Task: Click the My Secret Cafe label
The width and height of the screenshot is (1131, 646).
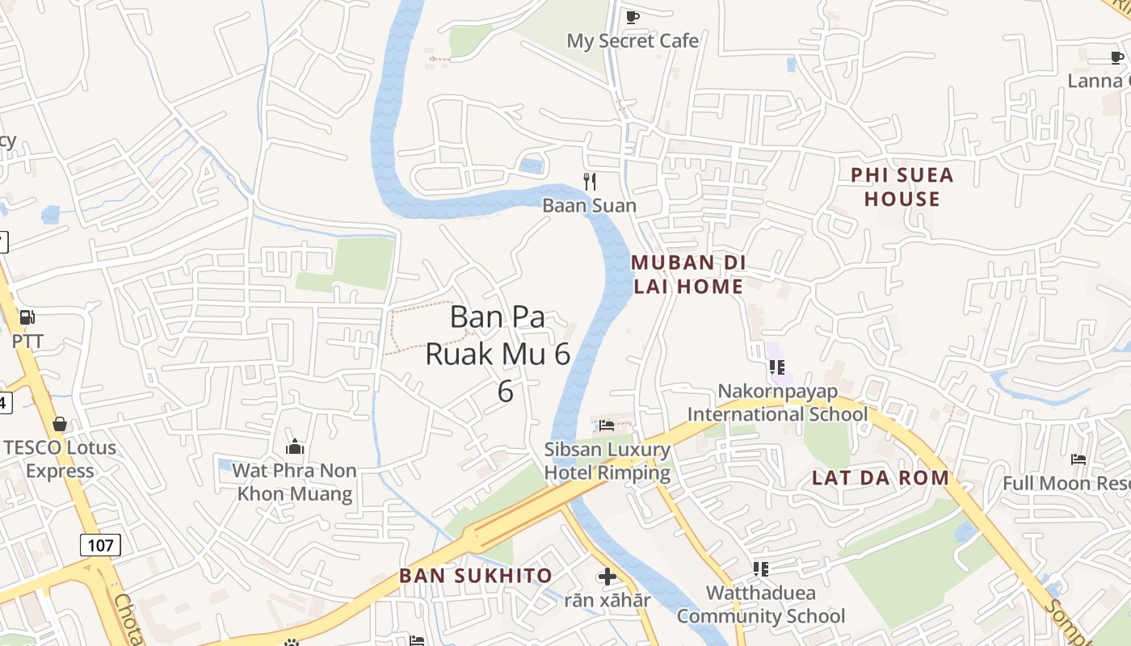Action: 632,40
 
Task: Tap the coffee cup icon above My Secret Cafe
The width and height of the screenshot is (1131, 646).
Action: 632,17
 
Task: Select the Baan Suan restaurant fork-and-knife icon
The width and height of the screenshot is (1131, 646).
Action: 590,182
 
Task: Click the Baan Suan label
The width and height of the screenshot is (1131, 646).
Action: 589,205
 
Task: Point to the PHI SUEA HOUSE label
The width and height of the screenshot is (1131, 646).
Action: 902,187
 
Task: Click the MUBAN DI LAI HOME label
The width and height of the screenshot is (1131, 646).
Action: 687,275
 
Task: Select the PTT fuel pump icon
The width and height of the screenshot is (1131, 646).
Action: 27,317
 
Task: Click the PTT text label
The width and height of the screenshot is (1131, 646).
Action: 27,341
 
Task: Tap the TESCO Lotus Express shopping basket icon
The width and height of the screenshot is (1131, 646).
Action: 59,424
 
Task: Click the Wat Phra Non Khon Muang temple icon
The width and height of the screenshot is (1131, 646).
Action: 295,447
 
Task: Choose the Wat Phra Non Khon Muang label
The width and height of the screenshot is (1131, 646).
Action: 295,481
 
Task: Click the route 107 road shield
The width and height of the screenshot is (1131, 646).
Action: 100,545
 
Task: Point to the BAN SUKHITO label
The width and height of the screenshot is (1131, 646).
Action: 476,576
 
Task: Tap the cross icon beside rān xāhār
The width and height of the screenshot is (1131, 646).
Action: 608,577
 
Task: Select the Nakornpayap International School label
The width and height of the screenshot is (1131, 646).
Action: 777,402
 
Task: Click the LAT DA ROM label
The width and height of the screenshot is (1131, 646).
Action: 880,477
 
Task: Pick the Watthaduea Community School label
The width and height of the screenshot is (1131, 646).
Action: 760,604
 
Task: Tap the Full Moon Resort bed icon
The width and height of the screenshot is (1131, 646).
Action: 1078,459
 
